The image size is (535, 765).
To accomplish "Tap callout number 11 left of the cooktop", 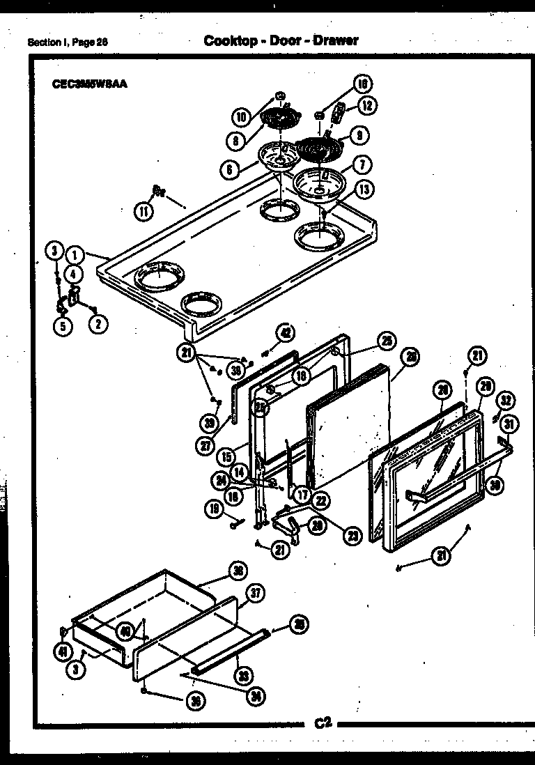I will [143, 210].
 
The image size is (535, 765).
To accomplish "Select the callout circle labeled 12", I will [366, 106].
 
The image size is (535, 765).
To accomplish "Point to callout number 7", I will [362, 165].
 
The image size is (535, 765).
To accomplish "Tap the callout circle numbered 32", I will [506, 401].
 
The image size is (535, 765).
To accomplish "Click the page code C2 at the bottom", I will [322, 723].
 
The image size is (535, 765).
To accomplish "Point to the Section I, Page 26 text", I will [68, 42].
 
